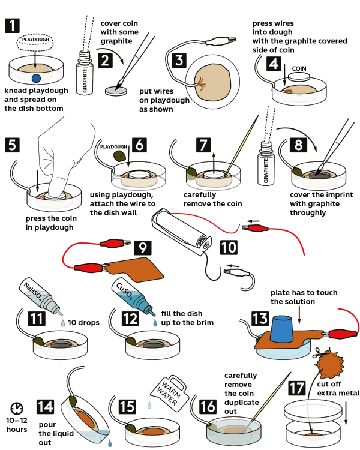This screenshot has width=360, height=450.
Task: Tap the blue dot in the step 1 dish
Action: coord(36,78)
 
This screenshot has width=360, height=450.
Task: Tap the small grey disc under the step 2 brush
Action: coord(117,91)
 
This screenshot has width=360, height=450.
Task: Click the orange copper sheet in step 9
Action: coord(137,265)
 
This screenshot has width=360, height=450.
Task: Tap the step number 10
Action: coord(228,246)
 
